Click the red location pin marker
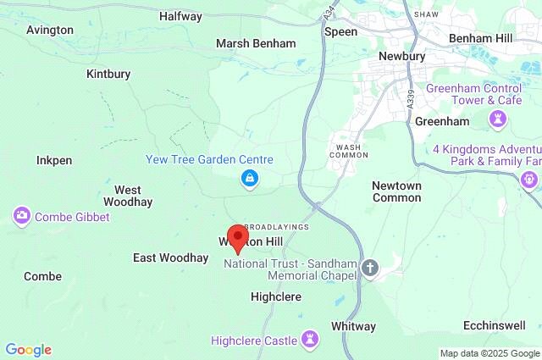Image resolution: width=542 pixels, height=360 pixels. click(238, 238)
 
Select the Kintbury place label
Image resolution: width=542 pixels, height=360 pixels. click(108, 74)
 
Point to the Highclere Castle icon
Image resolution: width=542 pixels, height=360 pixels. click(311, 340)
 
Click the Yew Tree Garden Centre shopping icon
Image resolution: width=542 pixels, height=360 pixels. click(249, 178)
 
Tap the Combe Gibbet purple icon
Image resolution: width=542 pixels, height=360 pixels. click(21, 217)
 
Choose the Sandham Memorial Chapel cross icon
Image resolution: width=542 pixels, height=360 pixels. click(369, 269)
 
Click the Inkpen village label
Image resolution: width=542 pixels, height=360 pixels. click(54, 159)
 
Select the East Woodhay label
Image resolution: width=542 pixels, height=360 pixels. click(170, 258)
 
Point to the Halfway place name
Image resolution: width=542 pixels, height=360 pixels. click(180, 16)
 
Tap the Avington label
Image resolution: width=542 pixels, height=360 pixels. click(50, 30)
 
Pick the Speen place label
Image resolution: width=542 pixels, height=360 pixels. click(341, 31)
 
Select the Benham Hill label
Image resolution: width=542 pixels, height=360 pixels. click(480, 39)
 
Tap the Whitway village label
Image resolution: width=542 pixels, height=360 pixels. click(353, 326)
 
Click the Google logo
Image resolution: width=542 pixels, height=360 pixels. click(28, 350)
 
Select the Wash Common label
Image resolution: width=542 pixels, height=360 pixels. click(348, 150)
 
